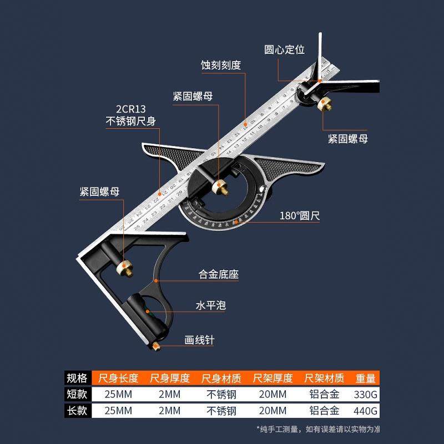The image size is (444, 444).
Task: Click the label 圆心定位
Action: [284, 49]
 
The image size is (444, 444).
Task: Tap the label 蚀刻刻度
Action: [220, 65]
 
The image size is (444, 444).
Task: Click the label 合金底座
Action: [219, 274]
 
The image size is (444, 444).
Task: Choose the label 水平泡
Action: [210, 306]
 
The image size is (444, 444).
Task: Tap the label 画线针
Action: [199, 340]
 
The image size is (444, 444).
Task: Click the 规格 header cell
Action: [77, 379]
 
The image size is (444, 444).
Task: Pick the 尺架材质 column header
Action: [324, 379]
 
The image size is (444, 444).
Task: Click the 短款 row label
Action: [77, 395]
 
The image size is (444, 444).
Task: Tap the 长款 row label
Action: [77, 411]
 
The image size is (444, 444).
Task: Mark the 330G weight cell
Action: [365, 395]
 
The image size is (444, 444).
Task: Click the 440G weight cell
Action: [365, 411]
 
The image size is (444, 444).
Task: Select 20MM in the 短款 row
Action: [273, 395]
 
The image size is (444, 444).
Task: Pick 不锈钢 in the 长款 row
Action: [221, 411]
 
